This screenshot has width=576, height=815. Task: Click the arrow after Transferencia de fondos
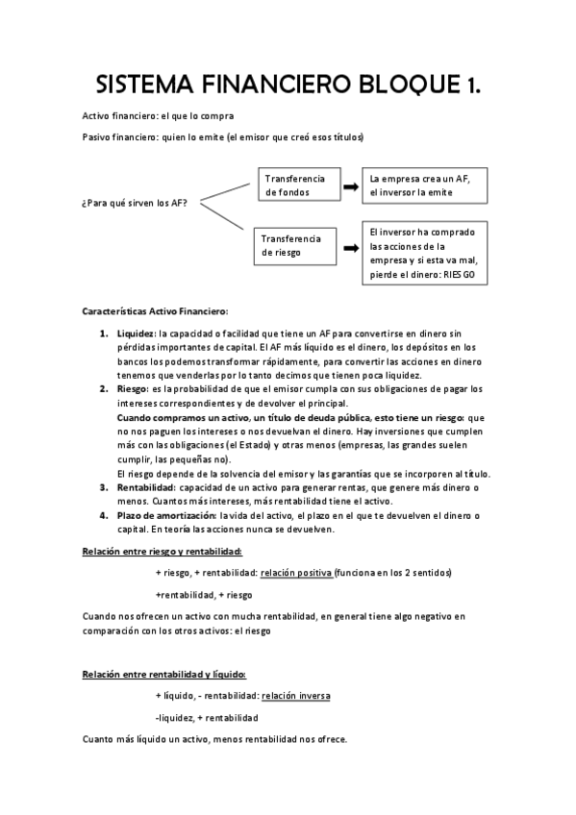tap(351, 185)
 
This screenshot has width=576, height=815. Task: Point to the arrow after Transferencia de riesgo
tap(351, 246)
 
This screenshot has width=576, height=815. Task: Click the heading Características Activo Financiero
tap(155, 311)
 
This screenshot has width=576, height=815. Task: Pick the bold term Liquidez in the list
tap(137, 333)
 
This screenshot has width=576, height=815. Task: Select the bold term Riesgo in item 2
tap(134, 388)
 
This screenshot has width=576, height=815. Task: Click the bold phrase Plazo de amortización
tap(163, 516)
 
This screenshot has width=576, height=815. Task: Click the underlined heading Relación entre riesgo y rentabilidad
tap(163, 551)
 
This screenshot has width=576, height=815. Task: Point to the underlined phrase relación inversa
tap(299, 695)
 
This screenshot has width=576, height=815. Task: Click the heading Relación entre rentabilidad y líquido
tap(164, 674)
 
